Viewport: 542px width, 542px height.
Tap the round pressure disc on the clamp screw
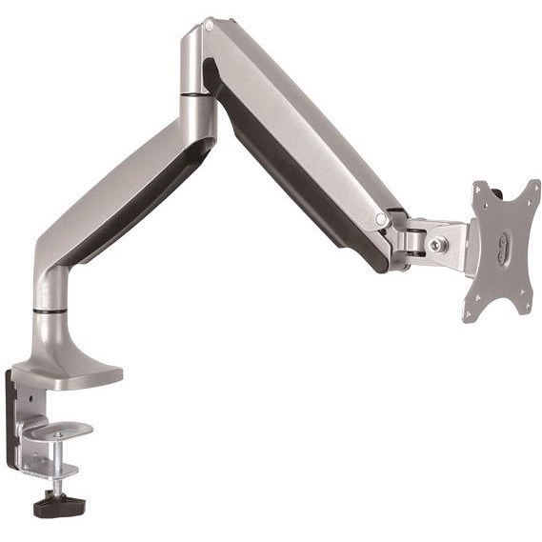[x=57, y=432]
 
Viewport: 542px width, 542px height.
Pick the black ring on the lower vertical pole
[x=52, y=309]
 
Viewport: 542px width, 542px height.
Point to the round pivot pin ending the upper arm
[x=381, y=220]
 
